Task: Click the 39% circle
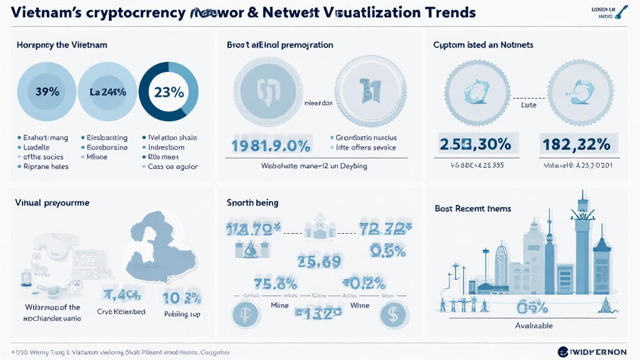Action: [47, 92]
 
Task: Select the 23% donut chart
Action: [168, 92]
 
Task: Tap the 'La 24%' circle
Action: [107, 92]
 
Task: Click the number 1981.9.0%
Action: [271, 146]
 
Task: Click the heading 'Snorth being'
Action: [252, 202]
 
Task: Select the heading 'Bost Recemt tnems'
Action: [472, 208]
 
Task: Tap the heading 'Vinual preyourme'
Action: [52, 202]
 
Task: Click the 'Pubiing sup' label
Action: [181, 314]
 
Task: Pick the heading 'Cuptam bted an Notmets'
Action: [482, 45]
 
